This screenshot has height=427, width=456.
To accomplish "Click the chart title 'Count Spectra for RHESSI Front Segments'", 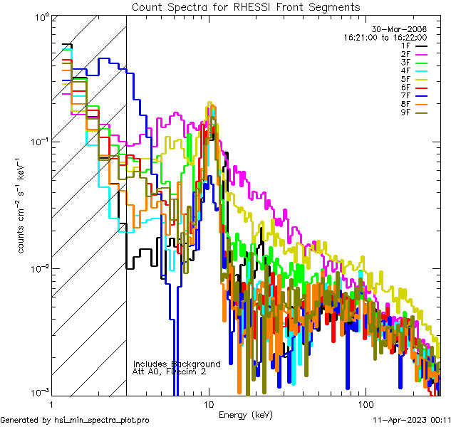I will [246, 6].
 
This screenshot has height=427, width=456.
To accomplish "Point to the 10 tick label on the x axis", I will [208, 403].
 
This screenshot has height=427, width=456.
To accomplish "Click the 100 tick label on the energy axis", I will [365, 403].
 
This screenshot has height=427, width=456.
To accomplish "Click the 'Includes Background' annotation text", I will [176, 364].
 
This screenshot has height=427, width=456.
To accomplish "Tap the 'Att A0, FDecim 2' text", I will [170, 371].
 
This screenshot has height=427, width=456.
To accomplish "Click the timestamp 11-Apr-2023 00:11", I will [414, 421].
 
